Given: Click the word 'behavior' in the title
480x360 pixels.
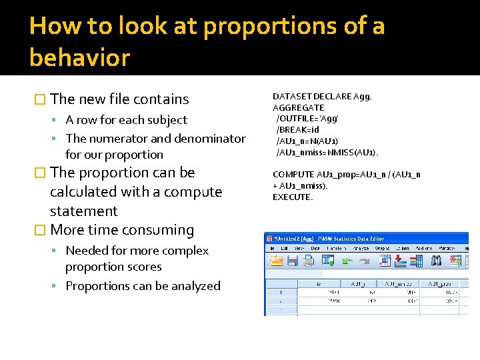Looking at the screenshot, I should pyautogui.click(x=79, y=58).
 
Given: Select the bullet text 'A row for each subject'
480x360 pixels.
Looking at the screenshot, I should pyautogui.click(x=126, y=120).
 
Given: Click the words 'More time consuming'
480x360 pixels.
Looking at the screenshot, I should pyautogui.click(x=122, y=230).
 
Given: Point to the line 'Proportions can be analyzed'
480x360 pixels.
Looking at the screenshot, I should pyautogui.click(x=143, y=286).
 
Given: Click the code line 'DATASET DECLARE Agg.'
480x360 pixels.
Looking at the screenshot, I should pyautogui.click(x=322, y=96).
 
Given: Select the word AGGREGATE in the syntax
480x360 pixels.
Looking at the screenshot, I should pyautogui.click(x=298, y=107).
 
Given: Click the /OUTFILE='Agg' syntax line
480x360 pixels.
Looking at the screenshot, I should pyautogui.click(x=307, y=119).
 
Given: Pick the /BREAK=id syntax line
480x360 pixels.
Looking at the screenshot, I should pyautogui.click(x=297, y=130).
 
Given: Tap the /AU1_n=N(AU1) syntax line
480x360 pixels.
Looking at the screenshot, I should pyautogui.click(x=307, y=141).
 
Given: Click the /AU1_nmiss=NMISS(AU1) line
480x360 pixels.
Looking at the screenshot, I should pyautogui.click(x=327, y=153).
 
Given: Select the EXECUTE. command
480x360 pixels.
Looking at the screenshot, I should pyautogui.click(x=292, y=197).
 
